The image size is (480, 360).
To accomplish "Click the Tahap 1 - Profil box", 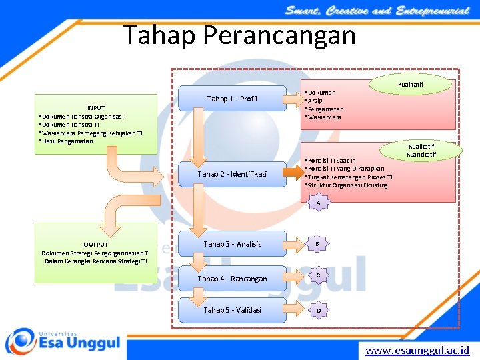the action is [x=231, y=99].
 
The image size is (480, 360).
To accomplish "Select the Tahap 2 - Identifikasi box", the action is [x=231, y=174].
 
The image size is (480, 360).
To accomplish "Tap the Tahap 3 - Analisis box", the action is [x=232, y=244].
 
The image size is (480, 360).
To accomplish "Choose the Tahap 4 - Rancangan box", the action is [x=232, y=279].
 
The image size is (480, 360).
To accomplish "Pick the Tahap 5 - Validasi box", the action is [x=232, y=310].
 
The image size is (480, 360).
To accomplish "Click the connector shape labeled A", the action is [x=319, y=202].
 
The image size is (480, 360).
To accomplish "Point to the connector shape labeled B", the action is [x=319, y=245].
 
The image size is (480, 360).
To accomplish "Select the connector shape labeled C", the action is [x=319, y=275].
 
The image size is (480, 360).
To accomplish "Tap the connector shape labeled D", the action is [x=319, y=310].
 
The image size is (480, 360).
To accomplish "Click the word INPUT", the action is [x=96, y=108].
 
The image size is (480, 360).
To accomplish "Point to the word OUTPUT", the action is [x=96, y=245].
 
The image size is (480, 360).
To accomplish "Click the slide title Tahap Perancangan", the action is [x=239, y=35].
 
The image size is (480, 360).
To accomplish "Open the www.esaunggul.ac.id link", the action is [x=417, y=350].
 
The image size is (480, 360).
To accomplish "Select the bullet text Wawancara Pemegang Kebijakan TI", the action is [x=93, y=133].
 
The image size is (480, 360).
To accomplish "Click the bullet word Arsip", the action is [x=317, y=101].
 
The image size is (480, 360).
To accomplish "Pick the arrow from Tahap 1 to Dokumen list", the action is [x=294, y=100].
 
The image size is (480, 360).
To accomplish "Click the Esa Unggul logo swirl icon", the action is [x=20, y=341].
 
